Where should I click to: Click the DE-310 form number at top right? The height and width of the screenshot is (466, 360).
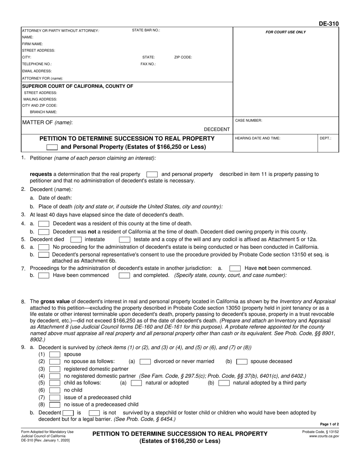(329, 23)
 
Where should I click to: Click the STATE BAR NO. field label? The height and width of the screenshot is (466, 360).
(146, 30)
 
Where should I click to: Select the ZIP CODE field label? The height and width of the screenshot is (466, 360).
(183, 57)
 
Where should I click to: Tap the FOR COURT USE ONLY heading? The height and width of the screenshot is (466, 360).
(285, 32)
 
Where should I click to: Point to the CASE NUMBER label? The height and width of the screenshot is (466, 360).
(249, 120)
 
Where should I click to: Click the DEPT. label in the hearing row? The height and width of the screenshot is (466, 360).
(326, 138)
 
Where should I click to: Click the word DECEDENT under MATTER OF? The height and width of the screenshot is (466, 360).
(217, 129)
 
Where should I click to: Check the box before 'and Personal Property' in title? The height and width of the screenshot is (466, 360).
(52, 147)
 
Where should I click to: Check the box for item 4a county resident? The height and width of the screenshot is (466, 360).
(44, 224)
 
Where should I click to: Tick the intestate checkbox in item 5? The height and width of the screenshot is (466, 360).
(76, 239)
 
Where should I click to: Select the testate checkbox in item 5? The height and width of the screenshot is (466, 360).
(125, 239)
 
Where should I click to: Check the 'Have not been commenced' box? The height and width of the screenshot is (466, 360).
(235, 268)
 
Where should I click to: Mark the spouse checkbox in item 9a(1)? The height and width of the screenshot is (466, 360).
(55, 355)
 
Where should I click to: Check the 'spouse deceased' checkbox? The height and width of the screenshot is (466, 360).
(242, 361)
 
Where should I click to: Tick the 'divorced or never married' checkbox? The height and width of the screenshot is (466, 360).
(145, 361)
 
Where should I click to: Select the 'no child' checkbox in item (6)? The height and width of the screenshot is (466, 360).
(55, 390)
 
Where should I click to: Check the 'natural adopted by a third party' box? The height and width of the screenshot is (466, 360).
(224, 383)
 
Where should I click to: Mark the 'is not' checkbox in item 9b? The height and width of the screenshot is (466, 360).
(94, 413)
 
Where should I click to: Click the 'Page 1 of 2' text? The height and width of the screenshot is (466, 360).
(329, 424)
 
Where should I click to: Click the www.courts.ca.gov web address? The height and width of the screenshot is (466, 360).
(324, 436)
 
